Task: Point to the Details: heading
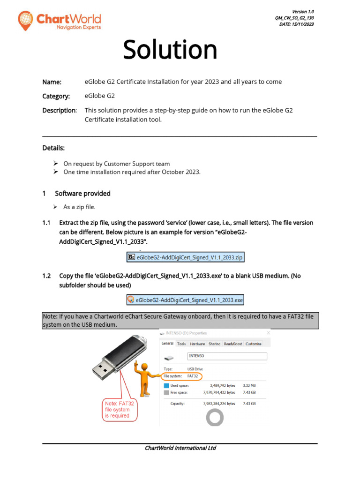click(x=53, y=148)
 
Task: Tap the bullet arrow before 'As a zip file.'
click(x=55, y=207)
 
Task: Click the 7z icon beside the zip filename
click(x=132, y=257)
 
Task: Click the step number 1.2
click(x=46, y=276)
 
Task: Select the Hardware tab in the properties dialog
click(x=197, y=344)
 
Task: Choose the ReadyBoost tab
click(x=232, y=344)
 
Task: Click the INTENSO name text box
click(x=226, y=356)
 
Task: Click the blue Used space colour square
click(x=166, y=385)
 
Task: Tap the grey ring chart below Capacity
click(x=215, y=416)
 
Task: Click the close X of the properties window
click(x=268, y=333)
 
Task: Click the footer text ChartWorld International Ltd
click(x=180, y=448)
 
